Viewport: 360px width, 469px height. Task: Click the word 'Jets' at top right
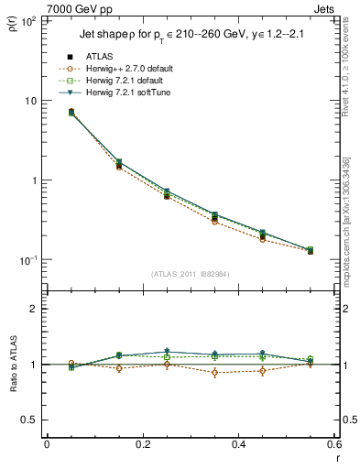click(323, 7)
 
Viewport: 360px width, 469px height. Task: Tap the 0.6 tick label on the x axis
click(333, 445)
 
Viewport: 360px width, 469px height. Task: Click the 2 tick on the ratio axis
click(35, 309)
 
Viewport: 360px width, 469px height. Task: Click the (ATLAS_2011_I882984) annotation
click(190, 273)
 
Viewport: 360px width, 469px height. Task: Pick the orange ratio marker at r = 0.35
click(214, 372)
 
